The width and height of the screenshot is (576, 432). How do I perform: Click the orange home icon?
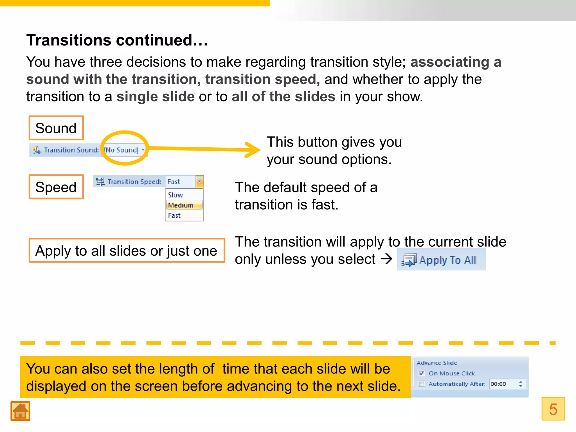20,411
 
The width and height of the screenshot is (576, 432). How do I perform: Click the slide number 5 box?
553,409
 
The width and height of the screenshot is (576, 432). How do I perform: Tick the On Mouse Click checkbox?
421,373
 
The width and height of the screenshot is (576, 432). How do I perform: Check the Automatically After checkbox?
421,384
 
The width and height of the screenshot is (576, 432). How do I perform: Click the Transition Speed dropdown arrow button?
199,182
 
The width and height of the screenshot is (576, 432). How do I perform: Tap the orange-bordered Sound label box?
56,128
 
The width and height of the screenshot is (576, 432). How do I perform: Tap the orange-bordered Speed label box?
56,187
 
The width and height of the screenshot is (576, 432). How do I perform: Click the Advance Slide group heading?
437,363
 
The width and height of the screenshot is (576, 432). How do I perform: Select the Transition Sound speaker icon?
37,150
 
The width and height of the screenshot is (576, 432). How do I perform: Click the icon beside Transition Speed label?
100,181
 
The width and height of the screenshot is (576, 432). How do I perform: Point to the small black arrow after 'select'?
386,259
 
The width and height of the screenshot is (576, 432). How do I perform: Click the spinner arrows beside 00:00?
521,384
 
